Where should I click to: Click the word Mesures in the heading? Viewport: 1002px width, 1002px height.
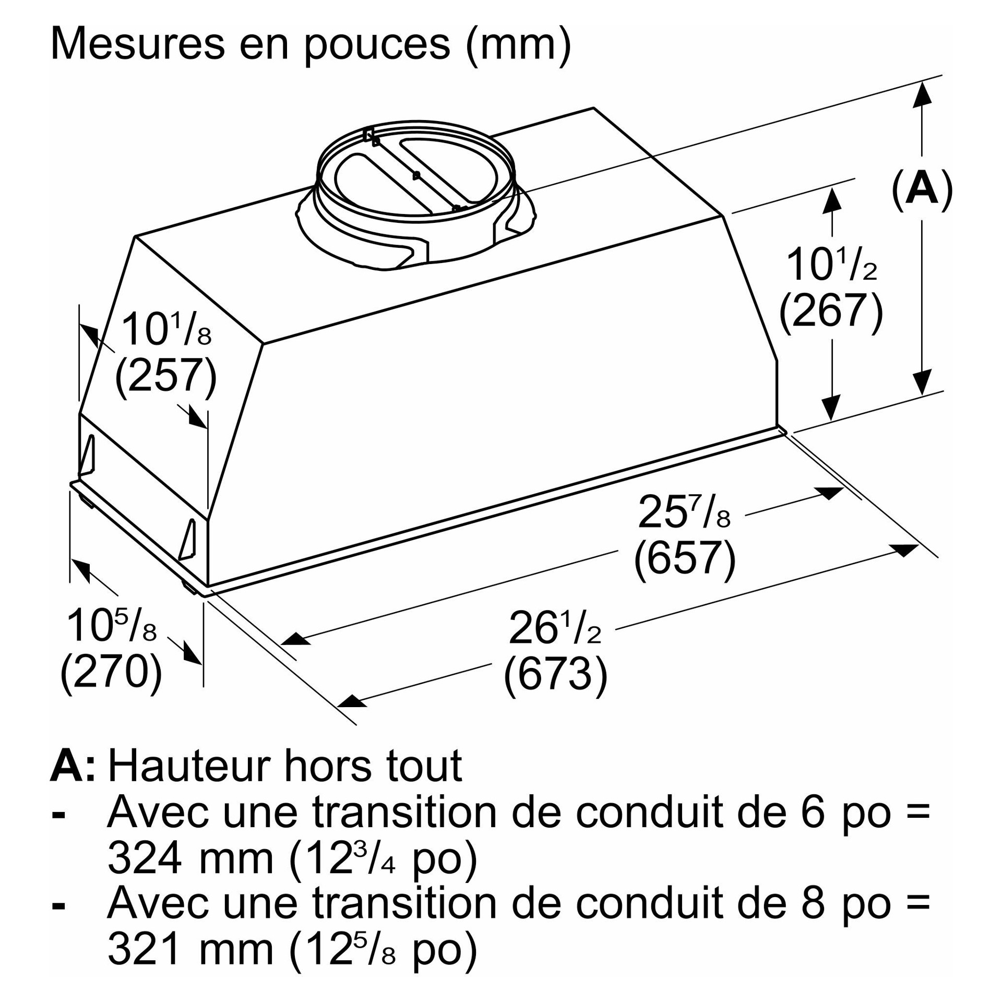click(138, 44)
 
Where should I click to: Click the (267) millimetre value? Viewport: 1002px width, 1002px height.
click(831, 311)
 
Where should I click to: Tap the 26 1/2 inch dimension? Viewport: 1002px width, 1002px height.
click(555, 628)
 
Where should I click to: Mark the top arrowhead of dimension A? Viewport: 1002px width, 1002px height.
click(922, 94)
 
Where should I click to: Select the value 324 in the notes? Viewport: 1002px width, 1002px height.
click(145, 858)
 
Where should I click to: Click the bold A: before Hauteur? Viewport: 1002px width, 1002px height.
click(73, 767)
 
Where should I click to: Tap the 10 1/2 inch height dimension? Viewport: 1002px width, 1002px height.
click(831, 265)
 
